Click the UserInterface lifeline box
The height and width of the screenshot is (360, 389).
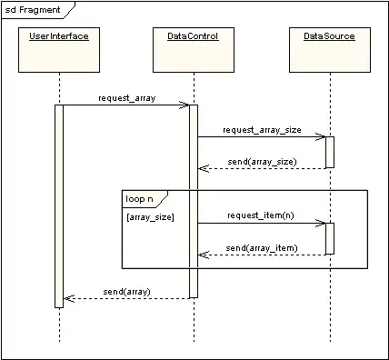59,50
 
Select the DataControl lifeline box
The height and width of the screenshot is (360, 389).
193,50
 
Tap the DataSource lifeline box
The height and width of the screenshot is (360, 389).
329,50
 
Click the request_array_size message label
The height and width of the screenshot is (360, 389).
262,129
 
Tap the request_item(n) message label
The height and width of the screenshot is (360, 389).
262,215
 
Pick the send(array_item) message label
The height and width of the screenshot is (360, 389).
262,246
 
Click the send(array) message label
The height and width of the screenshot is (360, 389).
125,291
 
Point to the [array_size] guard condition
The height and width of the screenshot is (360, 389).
149,218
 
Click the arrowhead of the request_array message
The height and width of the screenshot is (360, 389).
185,105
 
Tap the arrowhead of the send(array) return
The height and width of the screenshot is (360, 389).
67,298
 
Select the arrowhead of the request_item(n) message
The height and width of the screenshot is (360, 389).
321,223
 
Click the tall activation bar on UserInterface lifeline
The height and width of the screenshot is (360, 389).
59,205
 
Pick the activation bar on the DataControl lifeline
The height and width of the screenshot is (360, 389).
194,200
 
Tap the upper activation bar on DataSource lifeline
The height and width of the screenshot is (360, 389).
329,152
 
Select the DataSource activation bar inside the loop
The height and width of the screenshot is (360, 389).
329,238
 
